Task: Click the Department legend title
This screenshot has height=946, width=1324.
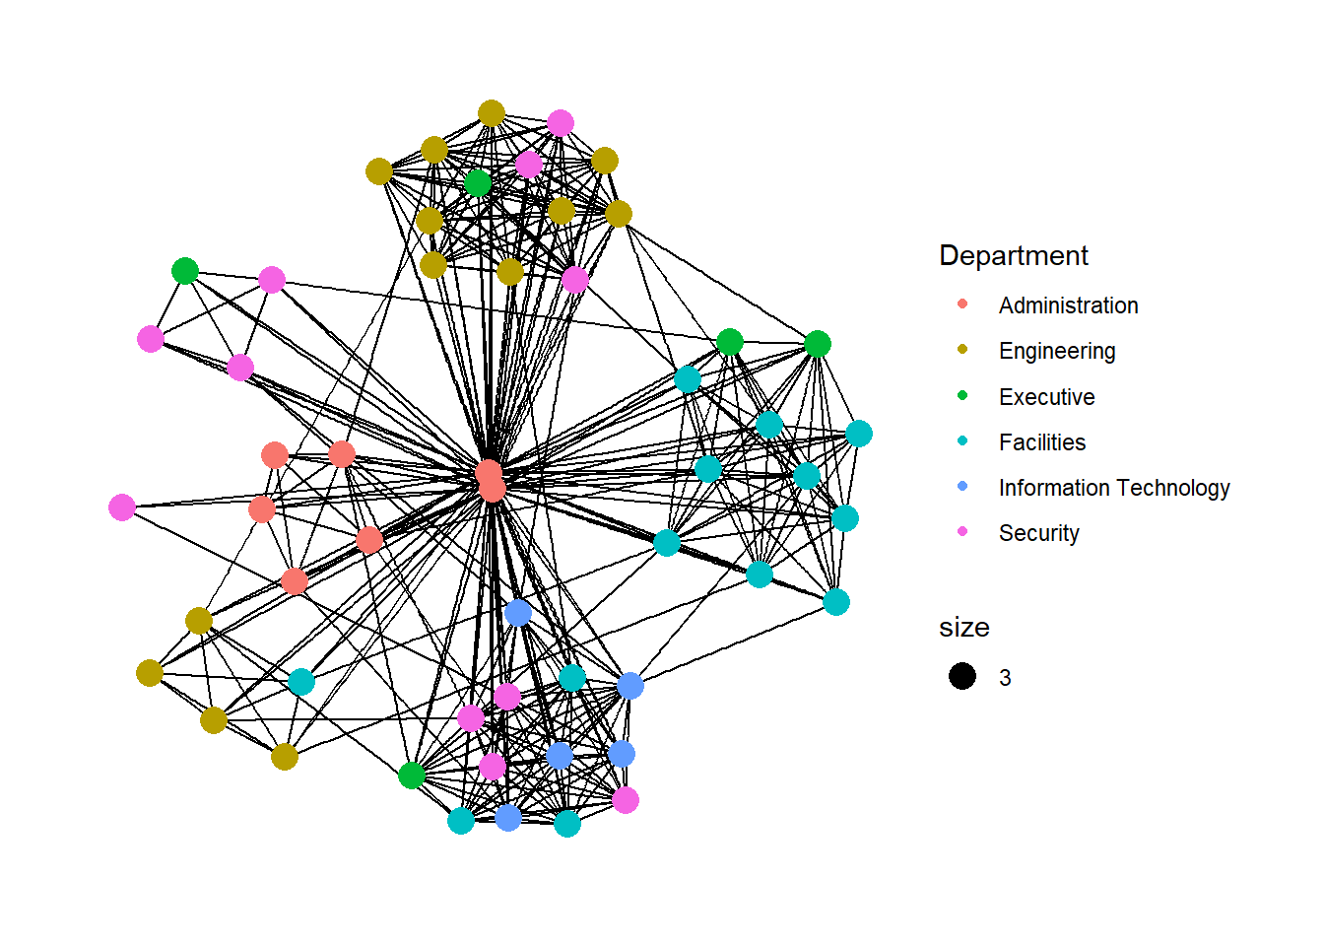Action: (1014, 256)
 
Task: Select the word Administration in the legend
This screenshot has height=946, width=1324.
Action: (1068, 305)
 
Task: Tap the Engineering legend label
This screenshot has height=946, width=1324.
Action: (1057, 351)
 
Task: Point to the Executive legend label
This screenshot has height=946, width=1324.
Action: (1046, 397)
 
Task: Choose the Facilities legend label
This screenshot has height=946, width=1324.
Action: (1041, 442)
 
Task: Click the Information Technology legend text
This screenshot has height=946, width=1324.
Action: (1113, 488)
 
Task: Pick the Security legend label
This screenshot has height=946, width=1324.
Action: (1038, 533)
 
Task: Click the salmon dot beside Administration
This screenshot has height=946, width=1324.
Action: (962, 304)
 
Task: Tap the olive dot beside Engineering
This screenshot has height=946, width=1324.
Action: (962, 350)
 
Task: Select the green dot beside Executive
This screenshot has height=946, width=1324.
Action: (962, 395)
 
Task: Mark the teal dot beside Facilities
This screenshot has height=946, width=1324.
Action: (962, 440)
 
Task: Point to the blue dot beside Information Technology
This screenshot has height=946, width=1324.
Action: (962, 486)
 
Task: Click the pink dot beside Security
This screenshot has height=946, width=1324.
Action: (962, 531)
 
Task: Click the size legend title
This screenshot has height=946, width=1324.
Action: (963, 628)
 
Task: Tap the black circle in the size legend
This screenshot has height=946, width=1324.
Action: (962, 676)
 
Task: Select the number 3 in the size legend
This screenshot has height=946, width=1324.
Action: (1005, 678)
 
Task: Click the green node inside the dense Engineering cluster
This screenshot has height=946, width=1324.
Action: (478, 183)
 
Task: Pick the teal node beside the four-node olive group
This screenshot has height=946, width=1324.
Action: (301, 682)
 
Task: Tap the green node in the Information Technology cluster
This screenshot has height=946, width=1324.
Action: (412, 776)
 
